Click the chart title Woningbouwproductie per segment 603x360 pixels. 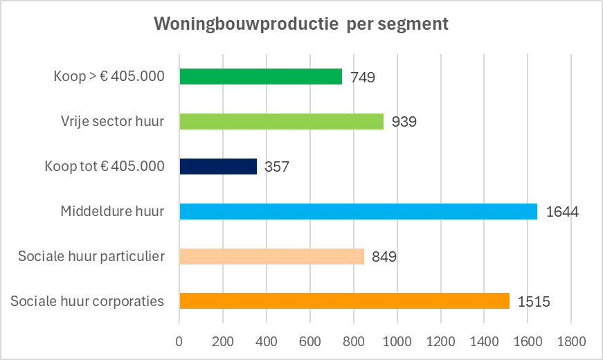point(301,24)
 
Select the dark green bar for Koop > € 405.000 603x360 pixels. point(260,76)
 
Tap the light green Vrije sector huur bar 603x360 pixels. point(281,121)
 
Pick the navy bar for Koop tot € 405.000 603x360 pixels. point(218,166)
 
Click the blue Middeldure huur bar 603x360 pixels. point(358,211)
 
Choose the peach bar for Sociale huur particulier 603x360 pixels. point(271,256)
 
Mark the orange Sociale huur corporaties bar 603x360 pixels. point(344,301)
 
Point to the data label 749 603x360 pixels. point(363,77)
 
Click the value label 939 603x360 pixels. point(404,122)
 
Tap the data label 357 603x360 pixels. point(278,167)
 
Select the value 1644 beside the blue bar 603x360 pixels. point(562,212)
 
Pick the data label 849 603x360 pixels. point(384,257)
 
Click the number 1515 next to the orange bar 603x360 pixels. point(534,302)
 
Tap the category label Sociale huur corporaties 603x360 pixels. point(88,301)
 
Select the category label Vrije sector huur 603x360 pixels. point(112,121)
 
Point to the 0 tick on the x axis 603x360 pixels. point(179,341)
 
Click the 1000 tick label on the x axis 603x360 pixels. point(397,341)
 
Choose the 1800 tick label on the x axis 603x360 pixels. point(570,341)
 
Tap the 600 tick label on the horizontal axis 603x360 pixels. point(309,341)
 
